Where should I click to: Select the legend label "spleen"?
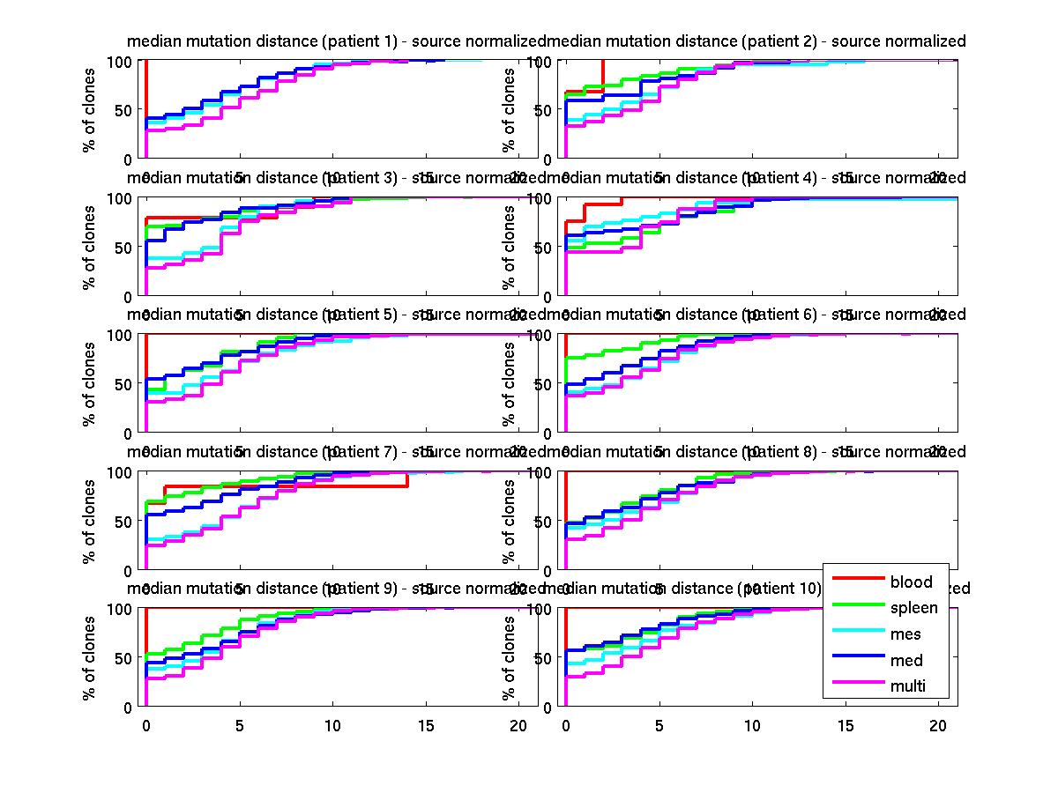tap(913, 608)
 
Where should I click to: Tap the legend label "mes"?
tap(905, 634)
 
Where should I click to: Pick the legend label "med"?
tap(905, 661)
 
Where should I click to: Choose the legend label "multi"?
tap(908, 687)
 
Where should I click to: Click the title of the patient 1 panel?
tap(335, 41)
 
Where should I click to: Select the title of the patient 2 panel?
tap(756, 41)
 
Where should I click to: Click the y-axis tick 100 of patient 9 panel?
tap(121, 609)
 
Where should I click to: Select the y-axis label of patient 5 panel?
tap(90, 383)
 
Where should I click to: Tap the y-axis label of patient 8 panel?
tap(510, 521)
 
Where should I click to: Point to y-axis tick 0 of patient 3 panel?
tap(129, 295)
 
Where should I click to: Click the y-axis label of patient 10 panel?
tap(510, 657)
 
